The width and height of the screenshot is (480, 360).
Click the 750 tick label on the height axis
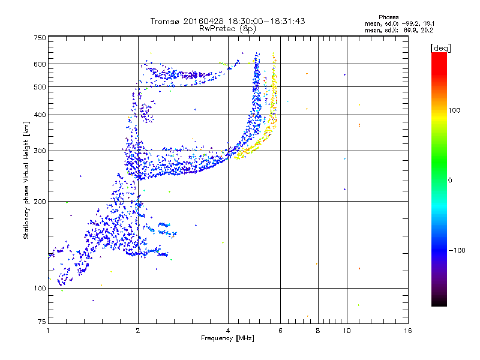[x=40, y=38]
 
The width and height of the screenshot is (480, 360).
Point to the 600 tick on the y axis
[x=40, y=64]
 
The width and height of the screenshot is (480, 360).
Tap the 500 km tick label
[x=40, y=87]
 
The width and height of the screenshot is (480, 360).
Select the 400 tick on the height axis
[x=40, y=115]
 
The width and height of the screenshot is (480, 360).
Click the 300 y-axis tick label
[x=40, y=151]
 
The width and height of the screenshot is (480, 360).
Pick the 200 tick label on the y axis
[x=40, y=201]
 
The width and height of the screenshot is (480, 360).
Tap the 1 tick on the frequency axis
[x=48, y=330]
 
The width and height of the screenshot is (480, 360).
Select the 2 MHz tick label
[x=138, y=330]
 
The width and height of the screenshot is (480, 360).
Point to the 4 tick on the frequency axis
[x=228, y=330]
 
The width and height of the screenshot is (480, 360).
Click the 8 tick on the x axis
[x=318, y=330]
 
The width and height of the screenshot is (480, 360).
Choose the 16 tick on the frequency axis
[x=408, y=330]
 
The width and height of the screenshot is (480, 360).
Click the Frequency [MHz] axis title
[x=228, y=338]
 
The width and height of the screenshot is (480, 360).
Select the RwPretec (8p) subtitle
[x=228, y=28]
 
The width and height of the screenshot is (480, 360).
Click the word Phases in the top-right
[x=389, y=17]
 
